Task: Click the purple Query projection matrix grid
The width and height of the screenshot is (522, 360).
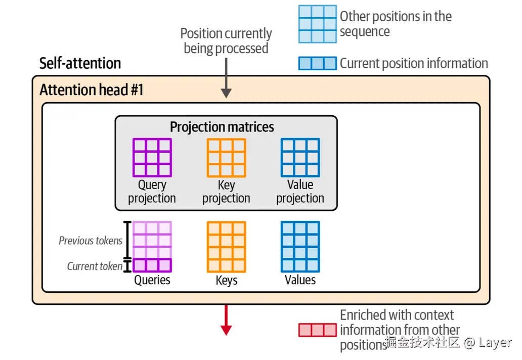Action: coord(152,157)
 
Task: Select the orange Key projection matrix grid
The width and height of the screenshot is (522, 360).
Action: coord(226,157)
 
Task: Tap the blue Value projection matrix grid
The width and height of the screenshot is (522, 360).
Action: coord(300,157)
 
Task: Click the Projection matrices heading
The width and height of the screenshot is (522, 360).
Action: coord(222,127)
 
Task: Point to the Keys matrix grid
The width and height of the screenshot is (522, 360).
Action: coord(226,247)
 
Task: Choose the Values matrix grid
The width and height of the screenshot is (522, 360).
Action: coord(300,247)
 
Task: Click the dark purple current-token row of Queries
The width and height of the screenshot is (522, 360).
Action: coord(152,265)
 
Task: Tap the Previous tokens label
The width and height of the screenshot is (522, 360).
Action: coord(91,241)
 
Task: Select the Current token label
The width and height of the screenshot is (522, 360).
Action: coord(95,266)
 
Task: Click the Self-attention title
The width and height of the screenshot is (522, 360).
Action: coord(80,64)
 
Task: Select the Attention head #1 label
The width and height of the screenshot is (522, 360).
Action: coord(92,90)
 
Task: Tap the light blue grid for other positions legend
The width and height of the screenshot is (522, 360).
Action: coord(317,24)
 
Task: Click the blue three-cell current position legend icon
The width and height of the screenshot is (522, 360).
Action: coord(317,63)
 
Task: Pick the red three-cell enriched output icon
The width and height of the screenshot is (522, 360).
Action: coord(317,330)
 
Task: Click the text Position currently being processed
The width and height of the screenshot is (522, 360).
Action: coord(226,41)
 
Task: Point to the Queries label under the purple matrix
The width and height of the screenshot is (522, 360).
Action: coord(152,280)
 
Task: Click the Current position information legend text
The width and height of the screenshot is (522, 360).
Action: coord(413,63)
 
